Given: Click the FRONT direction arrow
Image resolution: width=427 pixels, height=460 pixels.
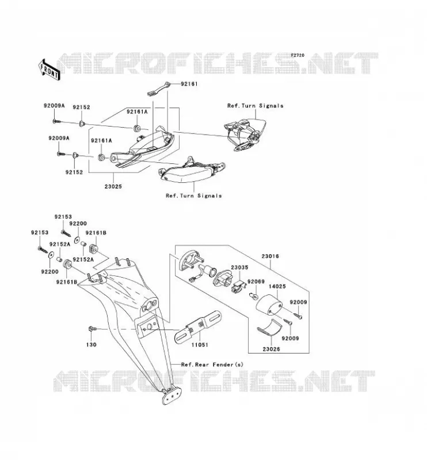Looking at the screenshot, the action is click(49, 70).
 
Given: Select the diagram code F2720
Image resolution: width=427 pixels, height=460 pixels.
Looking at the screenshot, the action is click(298, 55).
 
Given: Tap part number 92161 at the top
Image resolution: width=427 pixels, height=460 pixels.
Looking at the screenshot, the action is click(189, 84).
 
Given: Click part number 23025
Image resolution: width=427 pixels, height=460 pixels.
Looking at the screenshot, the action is click(113, 186).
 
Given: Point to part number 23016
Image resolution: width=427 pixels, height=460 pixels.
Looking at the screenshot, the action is click(270, 256).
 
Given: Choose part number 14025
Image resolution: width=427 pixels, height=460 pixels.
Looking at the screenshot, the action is click(277, 286).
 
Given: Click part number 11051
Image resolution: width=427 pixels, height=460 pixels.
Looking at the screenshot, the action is click(200, 344).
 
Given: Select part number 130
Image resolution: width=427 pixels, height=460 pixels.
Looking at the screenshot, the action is click(91, 344).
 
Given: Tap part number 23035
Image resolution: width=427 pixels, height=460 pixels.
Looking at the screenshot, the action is click(239, 267).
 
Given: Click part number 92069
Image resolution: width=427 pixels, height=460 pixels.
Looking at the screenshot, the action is click(256, 282).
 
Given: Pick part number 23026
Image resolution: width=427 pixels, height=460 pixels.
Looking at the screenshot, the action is click(271, 349).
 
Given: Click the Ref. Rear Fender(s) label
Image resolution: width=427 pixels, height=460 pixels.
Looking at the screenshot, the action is click(212, 365).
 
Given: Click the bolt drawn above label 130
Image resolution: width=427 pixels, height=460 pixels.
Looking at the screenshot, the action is click(92, 329).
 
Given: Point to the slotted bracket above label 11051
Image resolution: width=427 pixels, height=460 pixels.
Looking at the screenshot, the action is click(197, 327).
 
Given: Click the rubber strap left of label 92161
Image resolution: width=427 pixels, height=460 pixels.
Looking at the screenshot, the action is click(159, 89).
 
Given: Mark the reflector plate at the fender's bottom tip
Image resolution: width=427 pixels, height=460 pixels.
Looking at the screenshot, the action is click(171, 396).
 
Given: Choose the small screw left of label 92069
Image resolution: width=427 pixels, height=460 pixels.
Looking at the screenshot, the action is click(253, 296).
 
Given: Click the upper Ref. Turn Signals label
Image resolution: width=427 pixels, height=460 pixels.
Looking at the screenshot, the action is click(255, 106).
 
